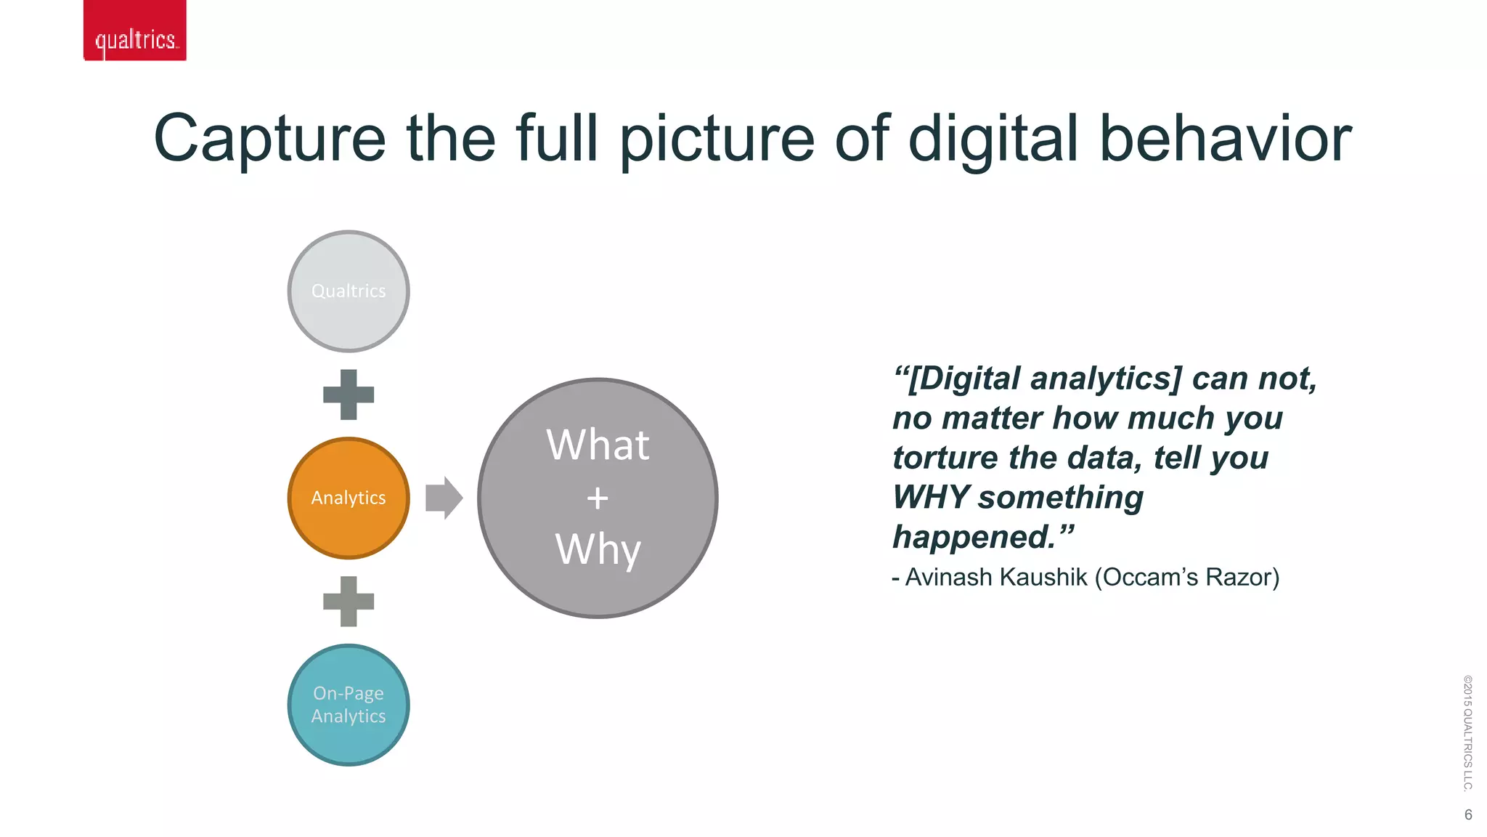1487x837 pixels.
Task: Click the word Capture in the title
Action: [269, 139]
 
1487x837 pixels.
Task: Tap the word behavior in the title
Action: [1225, 139]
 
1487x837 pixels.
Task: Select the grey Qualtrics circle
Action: [349, 291]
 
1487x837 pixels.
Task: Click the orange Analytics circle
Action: [349, 498]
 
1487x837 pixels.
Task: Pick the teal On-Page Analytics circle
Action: [349, 705]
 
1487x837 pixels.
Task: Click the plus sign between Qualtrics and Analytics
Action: [349, 395]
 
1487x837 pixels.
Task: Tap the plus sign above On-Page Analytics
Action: [349, 602]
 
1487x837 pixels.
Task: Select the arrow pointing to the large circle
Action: [444, 498]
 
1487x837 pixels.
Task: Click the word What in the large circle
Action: [598, 445]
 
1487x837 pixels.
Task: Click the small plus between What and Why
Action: [598, 498]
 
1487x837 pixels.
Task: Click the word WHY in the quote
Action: [930, 498]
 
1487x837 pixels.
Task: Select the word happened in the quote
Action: [973, 538]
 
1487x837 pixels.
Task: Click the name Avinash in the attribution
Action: [948, 577]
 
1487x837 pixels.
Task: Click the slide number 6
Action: [1468, 814]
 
